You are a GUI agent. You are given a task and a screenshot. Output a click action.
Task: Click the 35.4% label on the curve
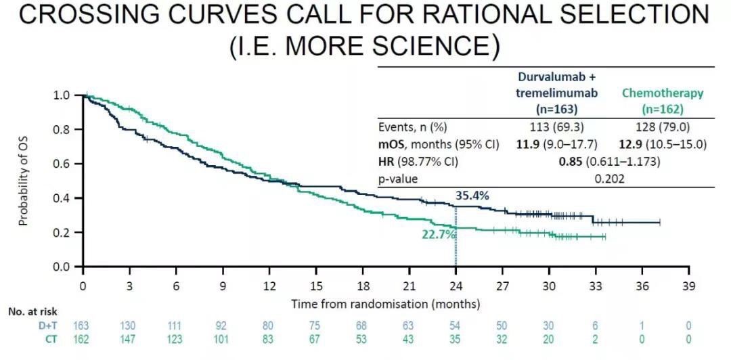point(471,196)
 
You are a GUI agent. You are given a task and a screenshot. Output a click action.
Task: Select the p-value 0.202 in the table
point(608,179)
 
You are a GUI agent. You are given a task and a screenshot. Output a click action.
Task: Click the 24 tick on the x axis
point(456,286)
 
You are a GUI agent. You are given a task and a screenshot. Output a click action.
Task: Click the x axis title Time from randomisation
point(386,304)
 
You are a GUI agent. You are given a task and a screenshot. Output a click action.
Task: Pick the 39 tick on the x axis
point(689,286)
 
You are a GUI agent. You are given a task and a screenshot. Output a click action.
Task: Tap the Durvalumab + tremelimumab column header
point(556,93)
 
